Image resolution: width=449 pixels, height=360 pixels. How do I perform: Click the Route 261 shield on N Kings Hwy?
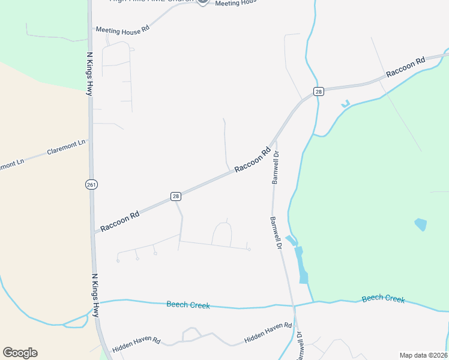(91, 184)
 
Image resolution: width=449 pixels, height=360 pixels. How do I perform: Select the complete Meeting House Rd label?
(122, 30)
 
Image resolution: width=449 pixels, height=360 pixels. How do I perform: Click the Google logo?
(20, 353)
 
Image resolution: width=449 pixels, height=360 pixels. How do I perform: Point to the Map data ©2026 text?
(423, 355)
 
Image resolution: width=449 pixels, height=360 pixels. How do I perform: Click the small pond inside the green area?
(421, 224)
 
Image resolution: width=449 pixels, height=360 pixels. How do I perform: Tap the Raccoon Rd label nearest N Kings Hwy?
(120, 220)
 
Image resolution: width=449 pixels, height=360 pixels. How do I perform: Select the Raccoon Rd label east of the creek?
(406, 67)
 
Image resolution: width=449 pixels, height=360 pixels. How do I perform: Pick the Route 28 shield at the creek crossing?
(318, 91)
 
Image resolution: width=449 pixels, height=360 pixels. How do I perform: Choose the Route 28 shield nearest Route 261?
(175, 196)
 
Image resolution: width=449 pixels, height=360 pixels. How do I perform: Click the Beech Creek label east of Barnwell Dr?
(383, 299)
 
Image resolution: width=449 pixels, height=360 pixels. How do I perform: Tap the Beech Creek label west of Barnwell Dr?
(188, 305)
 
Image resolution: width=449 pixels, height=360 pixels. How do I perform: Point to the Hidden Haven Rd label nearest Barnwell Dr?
(268, 334)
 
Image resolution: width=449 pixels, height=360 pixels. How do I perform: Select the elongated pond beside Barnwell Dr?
(301, 264)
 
